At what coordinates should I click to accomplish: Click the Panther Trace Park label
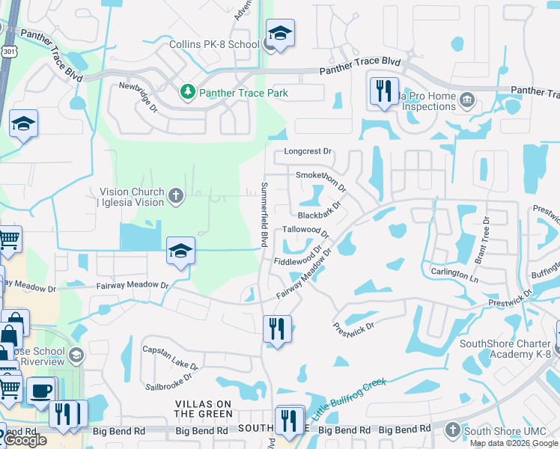click(243, 94)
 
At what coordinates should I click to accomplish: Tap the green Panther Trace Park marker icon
click(188, 93)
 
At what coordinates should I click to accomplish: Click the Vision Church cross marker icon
click(176, 197)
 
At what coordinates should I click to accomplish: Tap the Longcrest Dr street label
click(307, 151)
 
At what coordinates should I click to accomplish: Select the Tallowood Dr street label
click(305, 230)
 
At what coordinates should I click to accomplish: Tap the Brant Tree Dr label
click(481, 240)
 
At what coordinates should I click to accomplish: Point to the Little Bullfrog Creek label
click(349, 398)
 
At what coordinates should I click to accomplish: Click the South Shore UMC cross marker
click(451, 430)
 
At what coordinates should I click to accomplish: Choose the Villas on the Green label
click(204, 409)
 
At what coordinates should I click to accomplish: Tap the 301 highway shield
click(7, 51)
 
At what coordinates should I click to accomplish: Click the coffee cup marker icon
click(40, 390)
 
